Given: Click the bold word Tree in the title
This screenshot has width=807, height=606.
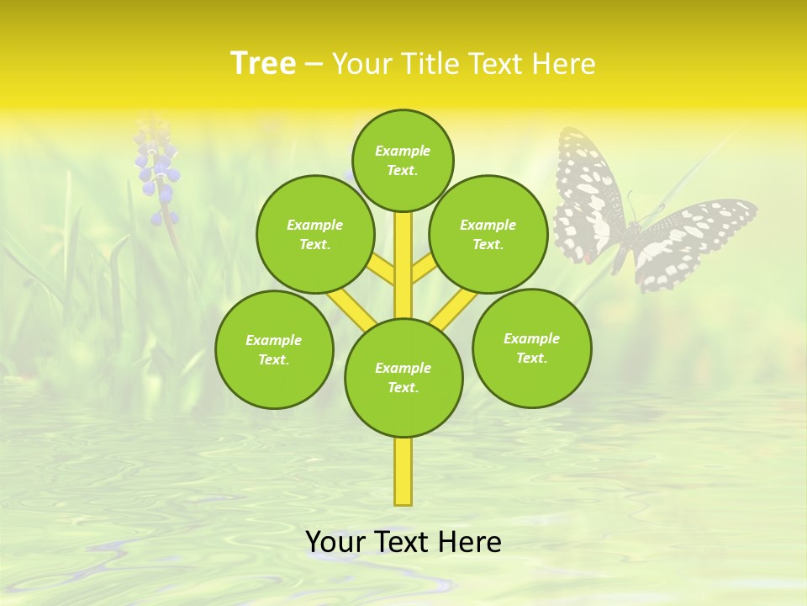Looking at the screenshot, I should click(x=263, y=63).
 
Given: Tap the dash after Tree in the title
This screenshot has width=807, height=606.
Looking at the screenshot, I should click(x=314, y=64).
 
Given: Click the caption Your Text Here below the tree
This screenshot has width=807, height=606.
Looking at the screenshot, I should click(x=403, y=542).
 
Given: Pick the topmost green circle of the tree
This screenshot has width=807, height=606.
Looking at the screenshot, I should click(x=403, y=160).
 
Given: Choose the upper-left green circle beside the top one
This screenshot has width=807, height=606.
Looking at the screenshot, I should click(x=315, y=234).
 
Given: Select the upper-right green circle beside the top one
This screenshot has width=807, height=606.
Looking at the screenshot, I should click(x=488, y=234).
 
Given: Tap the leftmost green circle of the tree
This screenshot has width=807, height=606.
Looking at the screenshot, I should click(x=274, y=349).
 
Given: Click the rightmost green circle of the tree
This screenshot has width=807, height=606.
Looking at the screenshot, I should click(x=532, y=348).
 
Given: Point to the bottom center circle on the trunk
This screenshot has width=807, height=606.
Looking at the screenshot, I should click(x=403, y=378).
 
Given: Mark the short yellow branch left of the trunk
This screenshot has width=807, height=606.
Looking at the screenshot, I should click(x=381, y=270).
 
